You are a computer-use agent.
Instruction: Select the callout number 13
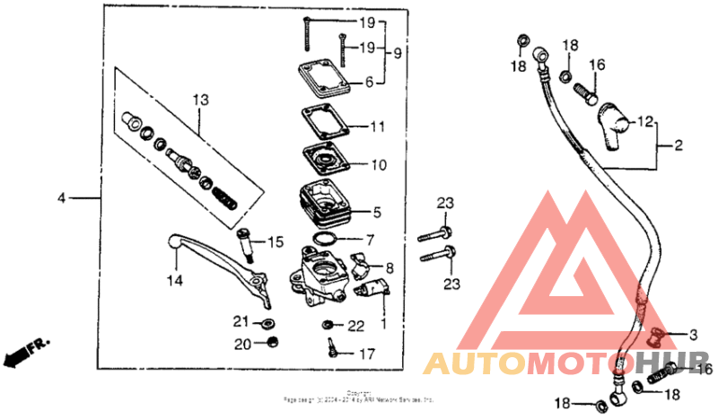(199, 99)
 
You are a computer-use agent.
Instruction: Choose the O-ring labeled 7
(326, 240)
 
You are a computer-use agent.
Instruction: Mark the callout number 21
(240, 322)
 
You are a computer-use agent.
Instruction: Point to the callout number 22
(356, 325)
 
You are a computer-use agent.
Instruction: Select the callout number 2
(679, 144)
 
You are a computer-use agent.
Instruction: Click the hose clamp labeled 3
(656, 336)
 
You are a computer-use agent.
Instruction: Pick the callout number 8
(390, 267)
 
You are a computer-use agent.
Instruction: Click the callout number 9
(397, 53)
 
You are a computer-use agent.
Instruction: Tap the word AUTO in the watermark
(473, 363)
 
